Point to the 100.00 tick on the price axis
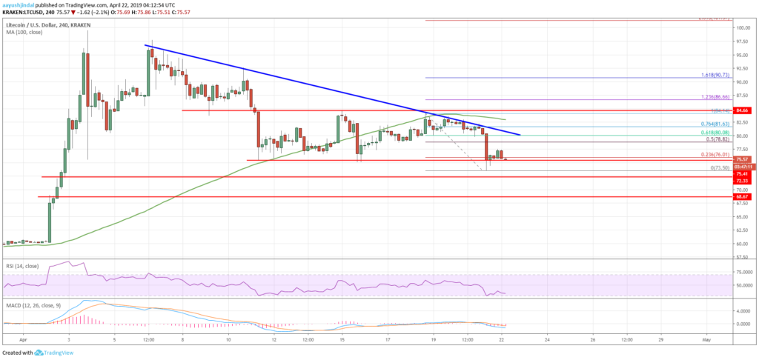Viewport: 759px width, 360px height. [743, 28]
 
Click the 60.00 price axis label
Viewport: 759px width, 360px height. [742, 244]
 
